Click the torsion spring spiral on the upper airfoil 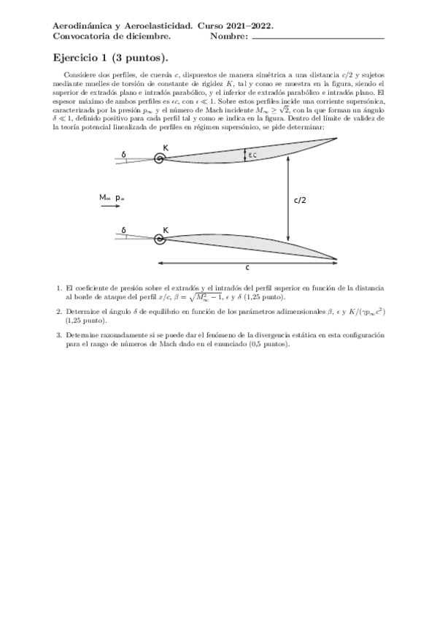point(158,158)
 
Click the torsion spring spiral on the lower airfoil point(158,238)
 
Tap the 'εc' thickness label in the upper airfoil point(252,154)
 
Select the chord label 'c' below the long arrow point(247,268)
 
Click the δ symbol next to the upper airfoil point(124,154)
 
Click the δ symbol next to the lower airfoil point(124,230)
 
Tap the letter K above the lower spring point(166,230)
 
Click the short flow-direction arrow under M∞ point(109,207)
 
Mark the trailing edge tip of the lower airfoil point(336,259)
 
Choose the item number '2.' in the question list point(59,311)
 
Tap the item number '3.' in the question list point(59,334)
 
